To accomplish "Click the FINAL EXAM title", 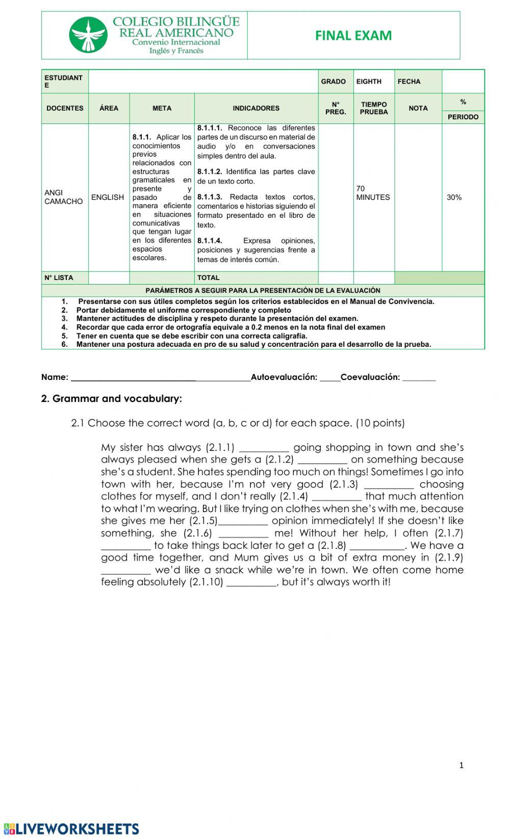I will point(353,36).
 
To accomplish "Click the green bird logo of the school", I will point(88,35).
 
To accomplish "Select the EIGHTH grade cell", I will point(369,82).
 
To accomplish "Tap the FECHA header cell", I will point(409,82).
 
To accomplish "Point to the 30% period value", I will point(454,197).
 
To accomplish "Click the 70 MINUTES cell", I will point(373,193).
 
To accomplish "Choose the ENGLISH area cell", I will point(108,197).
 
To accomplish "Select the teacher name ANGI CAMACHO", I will point(63,197).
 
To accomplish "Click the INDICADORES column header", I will point(256,108).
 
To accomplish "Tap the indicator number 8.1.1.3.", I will point(210,197).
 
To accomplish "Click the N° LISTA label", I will point(59,278).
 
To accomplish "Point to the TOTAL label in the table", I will point(208,278).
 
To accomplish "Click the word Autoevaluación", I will point(284,377).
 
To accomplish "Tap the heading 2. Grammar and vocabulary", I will point(111,399).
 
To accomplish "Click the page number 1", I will point(462,765).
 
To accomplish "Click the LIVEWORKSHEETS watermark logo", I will point(71,829).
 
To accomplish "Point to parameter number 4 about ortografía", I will point(231,327).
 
